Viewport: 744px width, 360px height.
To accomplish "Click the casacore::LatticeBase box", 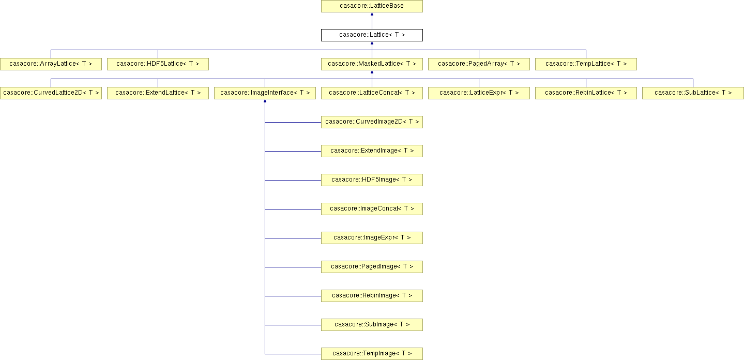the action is point(372,6).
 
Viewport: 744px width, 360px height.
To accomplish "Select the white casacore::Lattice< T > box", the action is point(372,35).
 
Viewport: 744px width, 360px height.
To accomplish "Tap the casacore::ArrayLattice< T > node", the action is point(51,64).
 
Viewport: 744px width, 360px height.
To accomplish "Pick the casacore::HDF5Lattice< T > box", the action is point(158,64).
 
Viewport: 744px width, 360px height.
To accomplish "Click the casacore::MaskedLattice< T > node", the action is point(372,64).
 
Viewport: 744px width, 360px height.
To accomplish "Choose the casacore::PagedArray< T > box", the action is point(479,64).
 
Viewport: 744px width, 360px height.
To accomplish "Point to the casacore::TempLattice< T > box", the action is point(586,64).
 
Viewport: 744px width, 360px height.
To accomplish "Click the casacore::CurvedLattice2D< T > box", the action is point(51,93).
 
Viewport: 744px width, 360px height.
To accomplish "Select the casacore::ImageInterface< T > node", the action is point(265,93).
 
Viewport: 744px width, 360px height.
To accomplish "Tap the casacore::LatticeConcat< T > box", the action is point(372,93).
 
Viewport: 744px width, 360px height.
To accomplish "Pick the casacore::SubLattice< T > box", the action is point(693,93).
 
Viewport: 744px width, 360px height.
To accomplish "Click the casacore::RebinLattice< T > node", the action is point(586,93).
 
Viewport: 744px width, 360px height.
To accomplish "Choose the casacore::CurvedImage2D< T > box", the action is point(372,122).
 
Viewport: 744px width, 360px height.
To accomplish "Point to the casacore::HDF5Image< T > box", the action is point(372,180).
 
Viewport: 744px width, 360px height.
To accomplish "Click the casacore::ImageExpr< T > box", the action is point(372,238).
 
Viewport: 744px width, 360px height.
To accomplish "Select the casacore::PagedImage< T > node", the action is point(372,266).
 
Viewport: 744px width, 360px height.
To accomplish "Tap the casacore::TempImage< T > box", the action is point(372,354).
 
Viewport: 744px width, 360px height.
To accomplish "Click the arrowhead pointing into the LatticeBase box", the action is point(372,14).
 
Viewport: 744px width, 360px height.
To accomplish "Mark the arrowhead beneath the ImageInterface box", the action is point(265,101).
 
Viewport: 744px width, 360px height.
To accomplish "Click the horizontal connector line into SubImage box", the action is point(293,325).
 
